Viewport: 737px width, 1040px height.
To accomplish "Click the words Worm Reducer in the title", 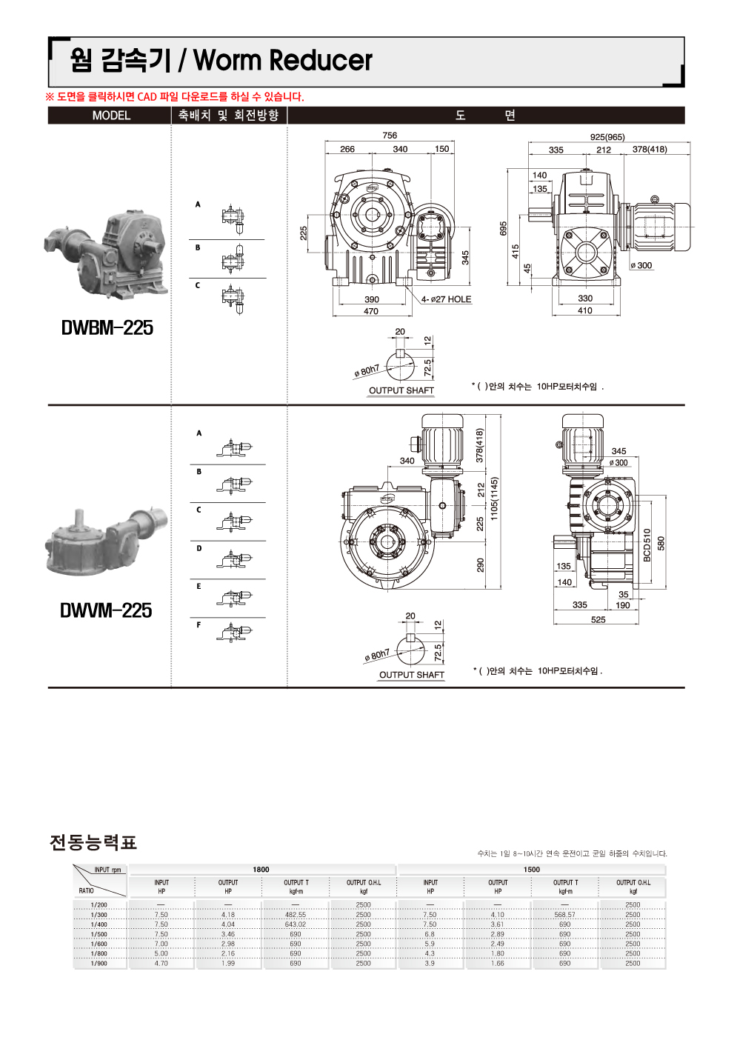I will (x=282, y=61).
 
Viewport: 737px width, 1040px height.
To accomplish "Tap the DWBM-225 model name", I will (x=107, y=328).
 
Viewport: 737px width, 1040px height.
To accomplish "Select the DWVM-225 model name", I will (x=106, y=610).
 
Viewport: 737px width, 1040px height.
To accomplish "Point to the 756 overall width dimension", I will (x=390, y=136).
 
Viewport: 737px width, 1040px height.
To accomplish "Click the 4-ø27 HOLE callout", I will (x=446, y=299).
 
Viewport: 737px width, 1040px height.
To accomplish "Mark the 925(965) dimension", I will (x=607, y=137).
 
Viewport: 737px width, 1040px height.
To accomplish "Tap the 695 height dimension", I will (x=503, y=228).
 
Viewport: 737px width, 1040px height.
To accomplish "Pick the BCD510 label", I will (x=647, y=544).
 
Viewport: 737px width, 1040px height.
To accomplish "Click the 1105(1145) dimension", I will (x=494, y=499).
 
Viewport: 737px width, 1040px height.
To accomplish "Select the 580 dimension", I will (x=661, y=543).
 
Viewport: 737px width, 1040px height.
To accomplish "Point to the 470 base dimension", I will (x=371, y=311).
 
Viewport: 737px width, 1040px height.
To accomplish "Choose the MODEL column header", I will (x=111, y=116).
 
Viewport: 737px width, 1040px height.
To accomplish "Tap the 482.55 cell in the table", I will (x=295, y=915).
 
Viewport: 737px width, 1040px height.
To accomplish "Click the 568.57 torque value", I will (x=564, y=915).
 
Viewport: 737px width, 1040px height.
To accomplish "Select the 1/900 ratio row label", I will (x=99, y=964).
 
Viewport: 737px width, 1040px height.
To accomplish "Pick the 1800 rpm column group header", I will (x=261, y=870).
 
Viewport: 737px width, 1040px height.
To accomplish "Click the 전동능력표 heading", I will (x=93, y=842).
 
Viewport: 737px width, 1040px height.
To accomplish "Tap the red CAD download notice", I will (x=175, y=97).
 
